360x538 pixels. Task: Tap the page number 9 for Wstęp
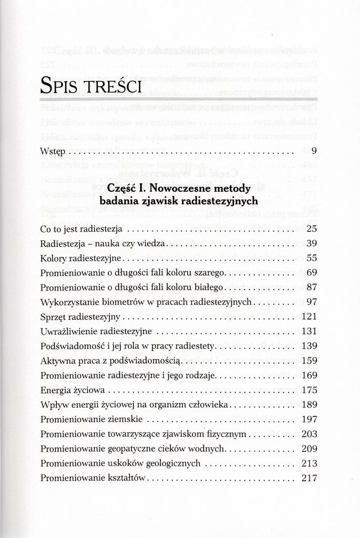tap(313, 152)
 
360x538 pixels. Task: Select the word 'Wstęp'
tap(53, 153)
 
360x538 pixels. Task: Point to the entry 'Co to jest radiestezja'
tap(81, 230)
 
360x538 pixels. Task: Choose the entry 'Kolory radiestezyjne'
tap(81, 258)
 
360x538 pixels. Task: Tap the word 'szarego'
tap(209, 273)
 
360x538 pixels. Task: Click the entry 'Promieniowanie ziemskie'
tap(90, 420)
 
